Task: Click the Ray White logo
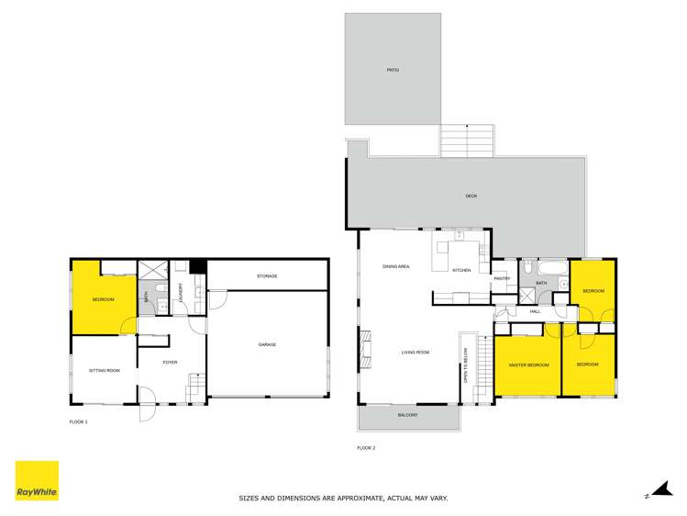tap(37, 480)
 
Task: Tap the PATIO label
tap(393, 70)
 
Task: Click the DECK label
tap(471, 196)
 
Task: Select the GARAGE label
tap(267, 344)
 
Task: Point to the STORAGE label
tap(267, 276)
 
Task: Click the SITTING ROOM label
tap(104, 370)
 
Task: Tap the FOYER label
tap(170, 363)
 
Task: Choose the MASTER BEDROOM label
tap(529, 365)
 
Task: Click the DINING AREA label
tap(395, 266)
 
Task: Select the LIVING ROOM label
tap(416, 353)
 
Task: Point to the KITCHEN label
tap(461, 270)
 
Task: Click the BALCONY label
tap(408, 415)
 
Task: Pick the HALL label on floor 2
tap(535, 311)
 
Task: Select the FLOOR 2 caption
tap(366, 447)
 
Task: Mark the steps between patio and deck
tap(468, 140)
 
